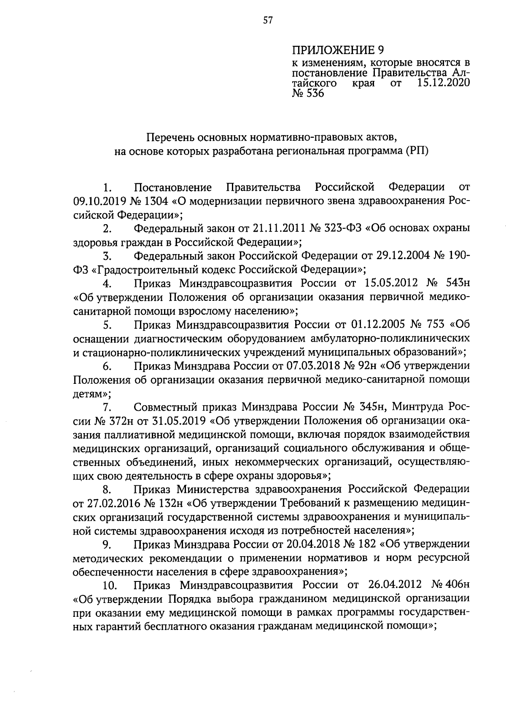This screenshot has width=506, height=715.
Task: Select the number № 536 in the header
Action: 307,93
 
